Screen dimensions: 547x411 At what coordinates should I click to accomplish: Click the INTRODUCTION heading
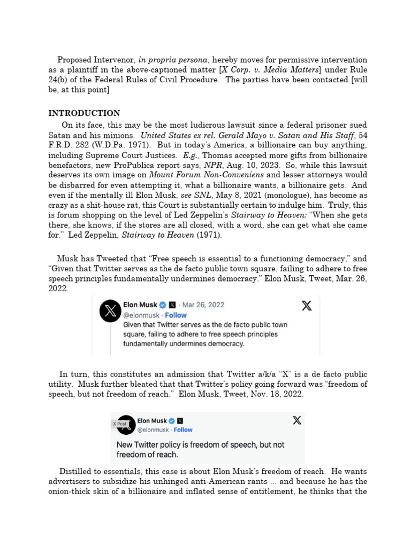coord(84,113)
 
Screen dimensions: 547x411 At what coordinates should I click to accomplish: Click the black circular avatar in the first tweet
coord(110,311)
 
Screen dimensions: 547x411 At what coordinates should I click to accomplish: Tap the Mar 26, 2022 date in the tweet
coord(204,304)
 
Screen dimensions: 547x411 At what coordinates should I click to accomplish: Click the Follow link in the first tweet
coord(175,315)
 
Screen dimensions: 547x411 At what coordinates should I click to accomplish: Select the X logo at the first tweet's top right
coord(306,306)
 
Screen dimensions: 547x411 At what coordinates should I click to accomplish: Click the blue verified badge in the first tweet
coord(163,304)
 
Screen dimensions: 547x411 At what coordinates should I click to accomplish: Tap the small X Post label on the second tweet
coord(119,424)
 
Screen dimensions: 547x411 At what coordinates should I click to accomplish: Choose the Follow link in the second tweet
coord(183,429)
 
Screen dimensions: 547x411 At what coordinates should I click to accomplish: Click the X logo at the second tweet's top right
coord(296,420)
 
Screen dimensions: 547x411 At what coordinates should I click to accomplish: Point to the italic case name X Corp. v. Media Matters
coord(260,70)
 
